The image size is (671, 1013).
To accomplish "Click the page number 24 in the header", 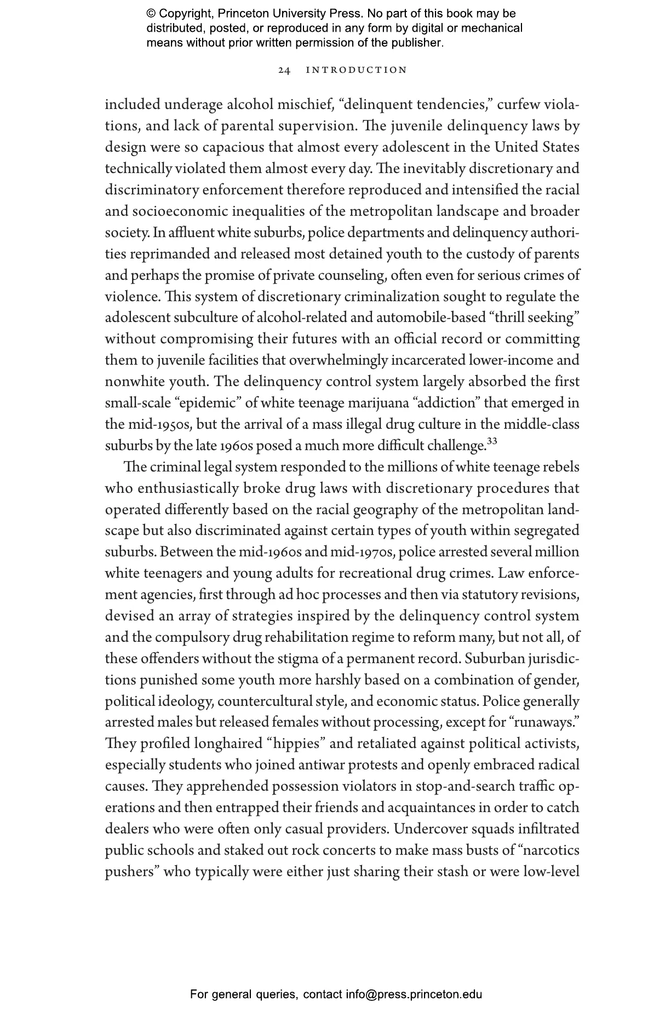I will pyautogui.click(x=284, y=70).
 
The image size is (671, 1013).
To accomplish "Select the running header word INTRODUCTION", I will pyautogui.click(x=357, y=70).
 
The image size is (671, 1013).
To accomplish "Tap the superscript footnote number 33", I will pyautogui.click(x=491, y=441).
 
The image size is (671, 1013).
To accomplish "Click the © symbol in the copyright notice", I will pyautogui.click(x=151, y=14).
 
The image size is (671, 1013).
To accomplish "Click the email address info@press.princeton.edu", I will pyautogui.click(x=414, y=994).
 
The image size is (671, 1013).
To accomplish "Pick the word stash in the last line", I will pyautogui.click(x=451, y=872).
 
